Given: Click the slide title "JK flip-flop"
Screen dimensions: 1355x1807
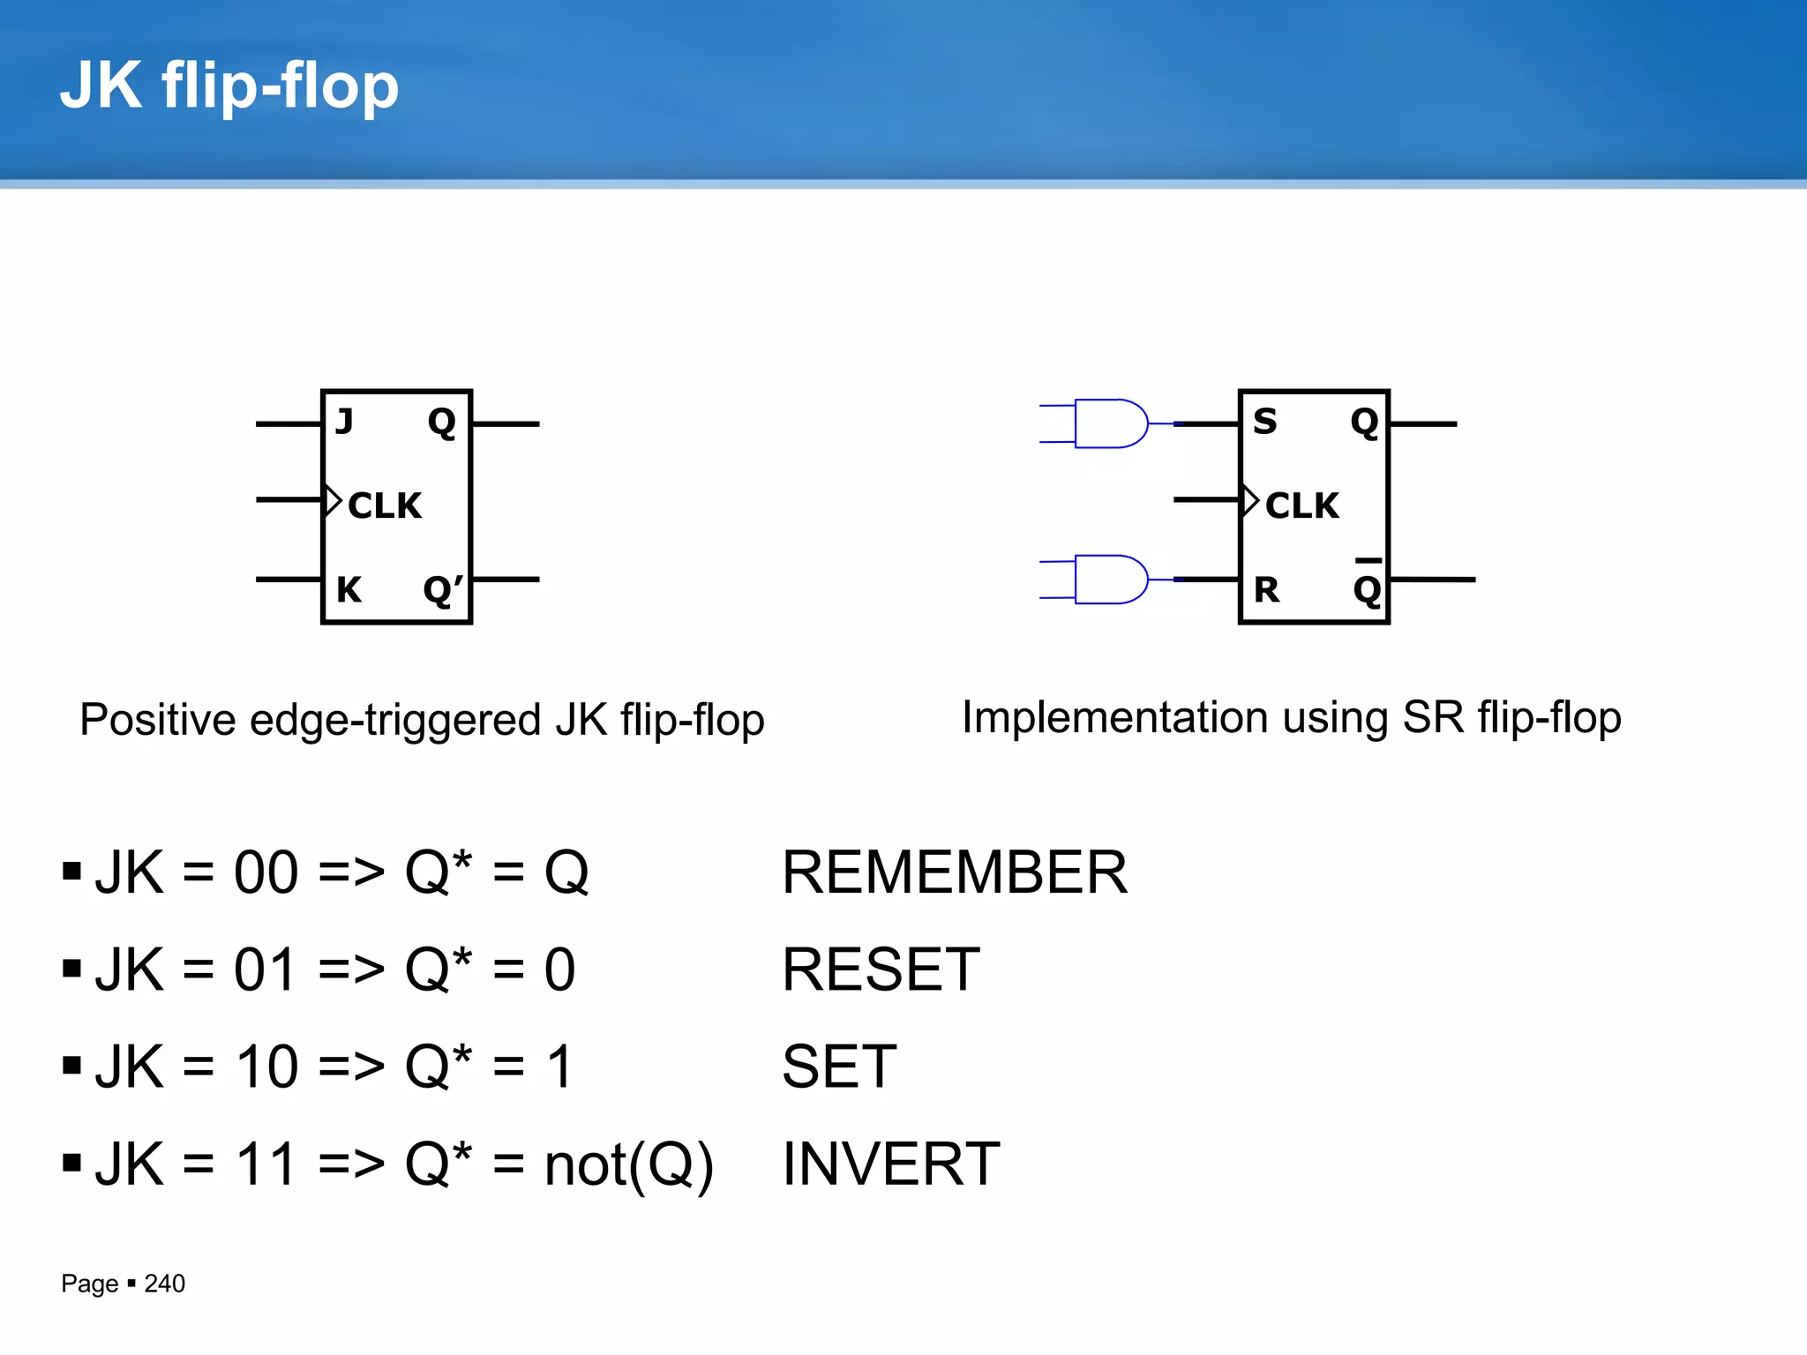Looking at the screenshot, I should point(229,86).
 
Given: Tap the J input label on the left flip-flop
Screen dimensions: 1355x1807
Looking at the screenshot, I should point(345,422).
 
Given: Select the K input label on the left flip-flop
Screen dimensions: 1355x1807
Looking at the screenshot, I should point(349,589).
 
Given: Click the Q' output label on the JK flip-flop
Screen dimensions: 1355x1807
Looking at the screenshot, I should point(443,589).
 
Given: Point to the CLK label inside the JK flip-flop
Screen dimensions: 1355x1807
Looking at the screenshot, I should point(385,505).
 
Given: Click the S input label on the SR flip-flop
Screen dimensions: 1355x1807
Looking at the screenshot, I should point(1265,422).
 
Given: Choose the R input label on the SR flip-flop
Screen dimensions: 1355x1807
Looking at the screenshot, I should point(1266,589).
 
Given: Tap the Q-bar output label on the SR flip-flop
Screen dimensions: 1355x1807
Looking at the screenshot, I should point(1367,586).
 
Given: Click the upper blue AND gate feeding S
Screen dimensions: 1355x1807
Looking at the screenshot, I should point(1110,423).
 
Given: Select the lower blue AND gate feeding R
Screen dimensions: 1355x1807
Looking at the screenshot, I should point(1110,580).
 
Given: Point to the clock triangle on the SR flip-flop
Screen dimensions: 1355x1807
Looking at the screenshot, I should point(1249,500).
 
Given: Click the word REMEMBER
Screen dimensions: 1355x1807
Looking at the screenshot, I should point(955,872).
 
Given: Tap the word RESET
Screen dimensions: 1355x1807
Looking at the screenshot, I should point(881,969).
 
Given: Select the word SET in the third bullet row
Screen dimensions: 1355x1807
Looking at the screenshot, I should point(839,1067).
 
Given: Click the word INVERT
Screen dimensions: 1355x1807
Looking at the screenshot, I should point(891,1164).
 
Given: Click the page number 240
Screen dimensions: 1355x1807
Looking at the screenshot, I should point(165,1284).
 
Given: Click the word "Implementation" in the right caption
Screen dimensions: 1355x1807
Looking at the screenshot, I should point(1114,717).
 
